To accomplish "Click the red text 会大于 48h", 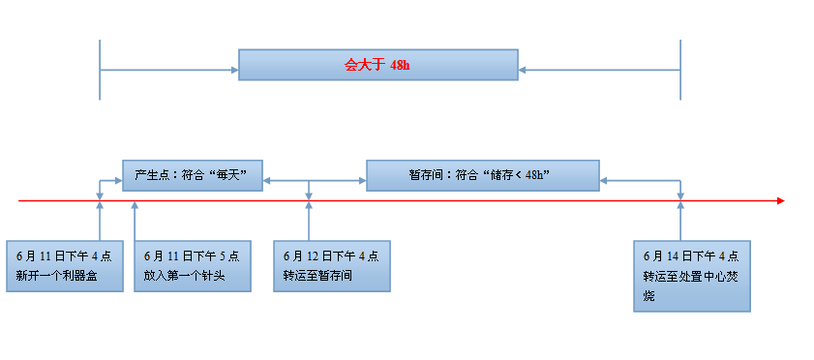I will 377,66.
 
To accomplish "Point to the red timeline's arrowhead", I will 779,201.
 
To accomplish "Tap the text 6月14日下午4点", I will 691,256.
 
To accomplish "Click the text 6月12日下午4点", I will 331,256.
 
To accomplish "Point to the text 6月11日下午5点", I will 191,256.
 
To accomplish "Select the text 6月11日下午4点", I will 64,256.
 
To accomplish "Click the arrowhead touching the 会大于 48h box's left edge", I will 234,70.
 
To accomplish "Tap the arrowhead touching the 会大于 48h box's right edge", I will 523,70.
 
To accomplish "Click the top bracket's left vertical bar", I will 100,70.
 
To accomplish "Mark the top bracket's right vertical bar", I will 680,70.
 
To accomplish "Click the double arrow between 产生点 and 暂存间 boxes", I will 314,180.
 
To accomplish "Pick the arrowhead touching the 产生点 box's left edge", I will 118,180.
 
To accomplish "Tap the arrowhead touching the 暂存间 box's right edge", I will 604,180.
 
